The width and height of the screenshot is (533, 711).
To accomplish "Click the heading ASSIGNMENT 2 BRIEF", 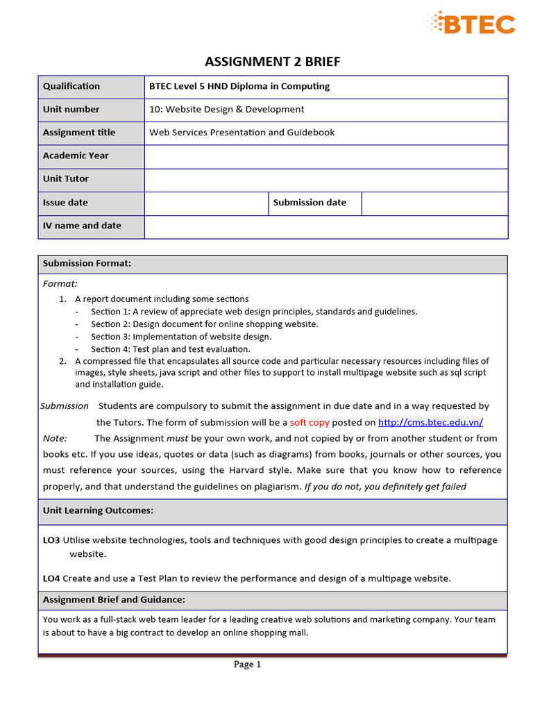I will (x=273, y=62).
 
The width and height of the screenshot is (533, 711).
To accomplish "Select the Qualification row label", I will (x=71, y=86).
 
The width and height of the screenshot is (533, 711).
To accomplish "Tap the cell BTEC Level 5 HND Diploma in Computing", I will (x=239, y=86).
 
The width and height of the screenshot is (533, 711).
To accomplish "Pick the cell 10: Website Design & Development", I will (x=226, y=109).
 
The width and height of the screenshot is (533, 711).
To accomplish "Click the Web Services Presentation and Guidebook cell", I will (x=242, y=133).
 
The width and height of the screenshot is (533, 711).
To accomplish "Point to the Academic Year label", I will (x=76, y=156).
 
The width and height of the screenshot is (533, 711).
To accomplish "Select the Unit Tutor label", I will (x=66, y=178).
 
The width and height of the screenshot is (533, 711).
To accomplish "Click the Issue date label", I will (x=65, y=202).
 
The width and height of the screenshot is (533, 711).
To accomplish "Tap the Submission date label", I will (x=310, y=202).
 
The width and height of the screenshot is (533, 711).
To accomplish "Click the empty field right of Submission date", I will (x=434, y=203).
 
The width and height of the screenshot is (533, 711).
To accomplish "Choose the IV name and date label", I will (x=82, y=226).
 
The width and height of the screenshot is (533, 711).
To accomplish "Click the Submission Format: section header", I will (x=87, y=263).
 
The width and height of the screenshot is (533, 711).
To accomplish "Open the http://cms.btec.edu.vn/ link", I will (x=430, y=422).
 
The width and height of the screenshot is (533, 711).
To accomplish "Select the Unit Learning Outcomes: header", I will (x=98, y=510).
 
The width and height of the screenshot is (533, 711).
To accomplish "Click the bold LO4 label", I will (x=51, y=578).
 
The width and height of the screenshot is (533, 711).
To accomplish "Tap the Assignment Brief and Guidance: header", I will (x=114, y=599).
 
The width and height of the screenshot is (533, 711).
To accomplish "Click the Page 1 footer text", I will (x=247, y=664).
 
